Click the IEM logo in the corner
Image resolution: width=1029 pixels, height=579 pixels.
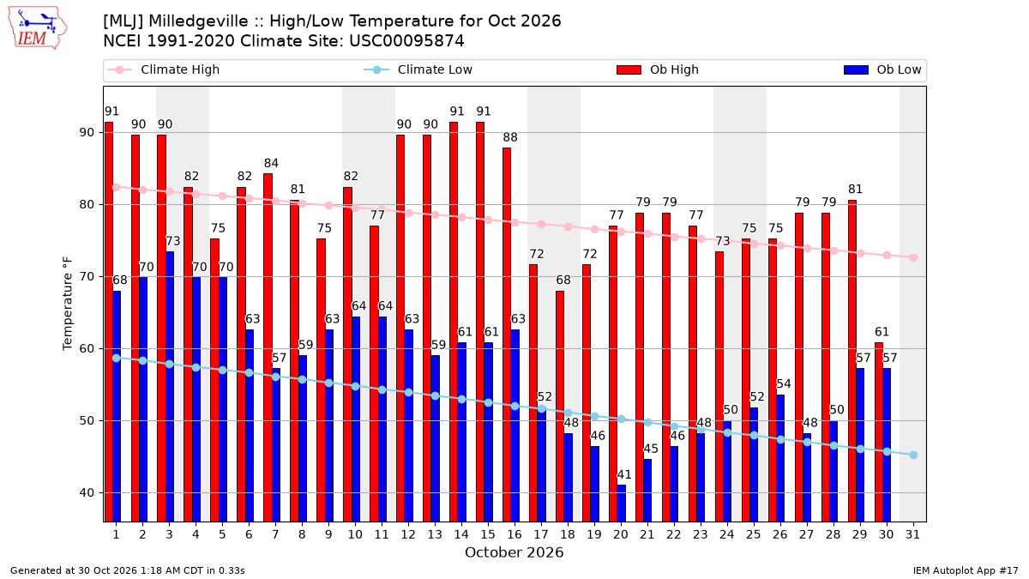[x=38, y=28]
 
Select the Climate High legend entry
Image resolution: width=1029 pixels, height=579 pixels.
[x=163, y=69]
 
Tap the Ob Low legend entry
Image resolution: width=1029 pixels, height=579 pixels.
[x=882, y=69]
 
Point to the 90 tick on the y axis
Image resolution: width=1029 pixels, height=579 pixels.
[x=87, y=133]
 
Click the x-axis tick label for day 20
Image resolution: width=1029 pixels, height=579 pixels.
[x=621, y=535]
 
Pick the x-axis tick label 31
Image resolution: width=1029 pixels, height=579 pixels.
[x=912, y=535]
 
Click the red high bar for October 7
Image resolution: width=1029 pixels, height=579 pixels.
[x=268, y=348]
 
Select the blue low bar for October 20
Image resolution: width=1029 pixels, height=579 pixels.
[x=621, y=504]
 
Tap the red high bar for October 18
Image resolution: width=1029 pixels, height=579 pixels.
[x=560, y=407]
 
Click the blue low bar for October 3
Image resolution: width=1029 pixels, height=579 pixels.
[x=170, y=387]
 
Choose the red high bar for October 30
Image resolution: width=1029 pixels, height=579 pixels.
[x=879, y=432]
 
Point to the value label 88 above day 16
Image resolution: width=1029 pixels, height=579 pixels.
[x=510, y=137]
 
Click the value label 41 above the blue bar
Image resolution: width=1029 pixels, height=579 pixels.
[x=624, y=474]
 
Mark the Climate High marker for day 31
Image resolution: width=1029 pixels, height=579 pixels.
[x=913, y=258]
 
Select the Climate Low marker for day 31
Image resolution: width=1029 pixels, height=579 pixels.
[x=913, y=455]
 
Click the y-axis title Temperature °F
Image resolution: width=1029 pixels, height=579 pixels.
[x=67, y=304]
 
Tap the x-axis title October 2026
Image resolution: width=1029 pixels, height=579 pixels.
[x=514, y=552]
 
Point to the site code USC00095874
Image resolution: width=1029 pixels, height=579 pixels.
[x=406, y=41]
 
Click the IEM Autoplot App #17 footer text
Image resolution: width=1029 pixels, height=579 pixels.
[x=966, y=570]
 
